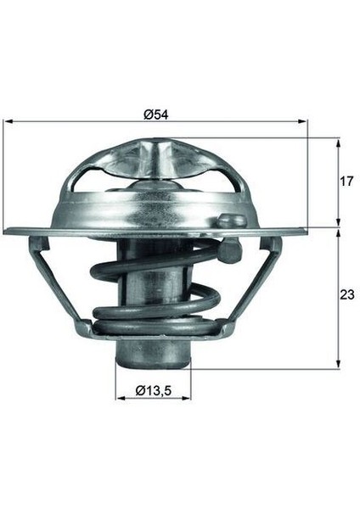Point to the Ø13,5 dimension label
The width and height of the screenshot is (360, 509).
(x=154, y=390)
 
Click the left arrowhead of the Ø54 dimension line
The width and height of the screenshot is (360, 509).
(x=8, y=122)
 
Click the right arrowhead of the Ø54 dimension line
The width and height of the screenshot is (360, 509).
(x=304, y=122)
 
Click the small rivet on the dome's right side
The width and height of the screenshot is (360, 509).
(x=226, y=221)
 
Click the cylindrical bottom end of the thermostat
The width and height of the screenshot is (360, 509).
(x=153, y=356)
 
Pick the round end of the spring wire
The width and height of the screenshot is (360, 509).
(x=227, y=250)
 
